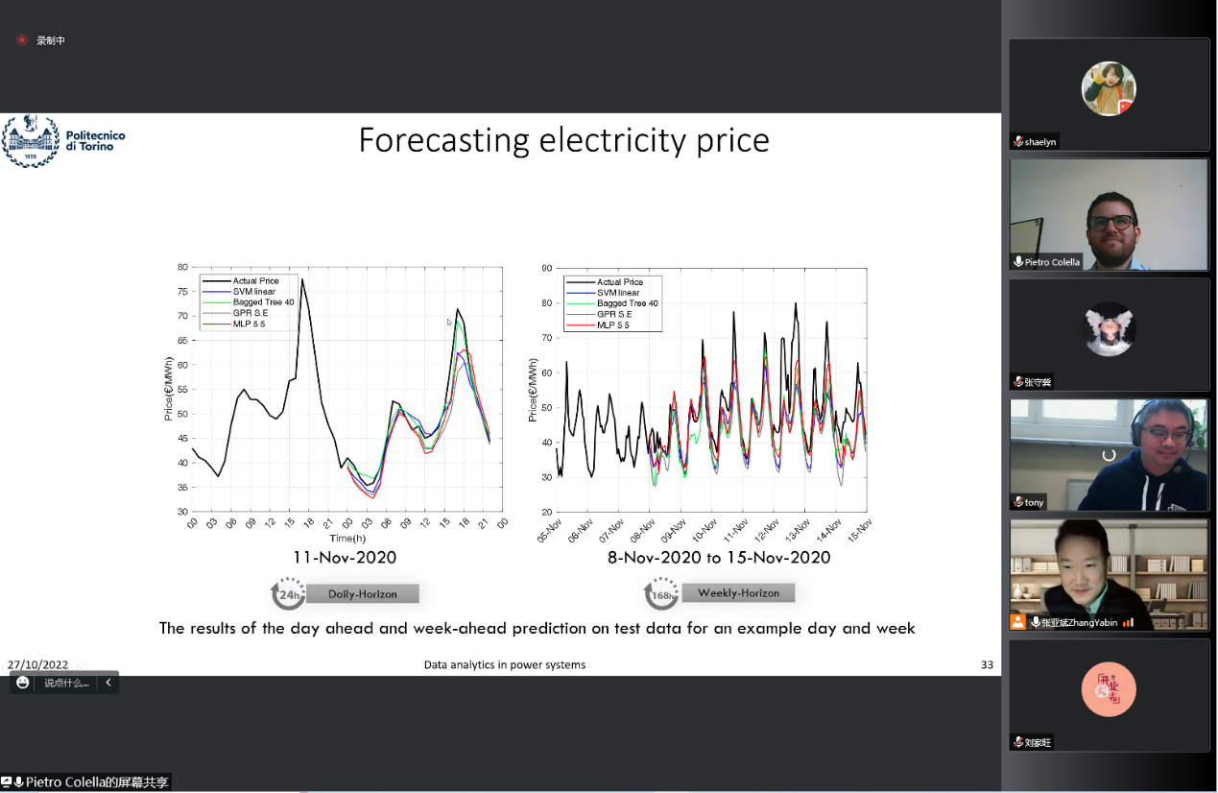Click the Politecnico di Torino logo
coord(63,141)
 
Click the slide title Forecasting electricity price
coord(563,141)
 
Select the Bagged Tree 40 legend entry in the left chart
coord(262,302)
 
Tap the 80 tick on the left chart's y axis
coord(181,267)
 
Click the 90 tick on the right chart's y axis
coord(546,268)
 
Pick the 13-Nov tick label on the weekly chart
coord(798,530)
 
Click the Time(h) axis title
coord(346,539)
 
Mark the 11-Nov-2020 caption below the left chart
coord(345,558)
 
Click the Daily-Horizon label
coord(362,594)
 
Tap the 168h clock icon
coord(660,594)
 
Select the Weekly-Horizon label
coord(737,593)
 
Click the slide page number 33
coord(987,664)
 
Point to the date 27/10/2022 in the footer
coord(38,664)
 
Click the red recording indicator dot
coord(21,40)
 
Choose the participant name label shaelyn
coord(1040,142)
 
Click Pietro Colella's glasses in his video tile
coord(1111,223)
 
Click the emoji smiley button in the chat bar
coord(23,683)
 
